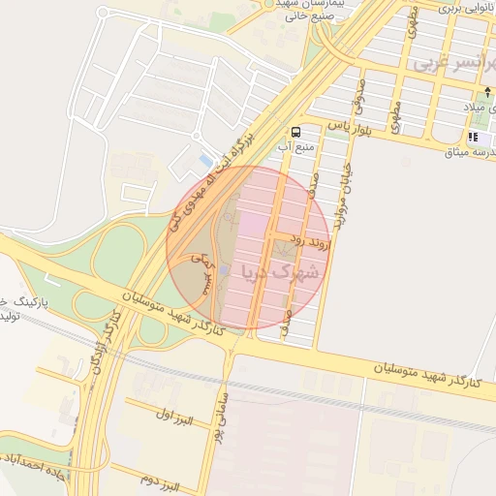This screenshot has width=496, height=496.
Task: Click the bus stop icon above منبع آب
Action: pos(294,131)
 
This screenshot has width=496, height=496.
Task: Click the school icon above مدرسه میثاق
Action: pos(474,138)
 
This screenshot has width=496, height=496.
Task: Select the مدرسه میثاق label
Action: pos(470,152)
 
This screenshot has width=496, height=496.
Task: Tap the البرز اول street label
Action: pos(174,417)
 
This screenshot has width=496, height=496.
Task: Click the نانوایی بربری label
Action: pos(459,7)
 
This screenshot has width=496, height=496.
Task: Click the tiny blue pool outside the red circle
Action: pos(204,159)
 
